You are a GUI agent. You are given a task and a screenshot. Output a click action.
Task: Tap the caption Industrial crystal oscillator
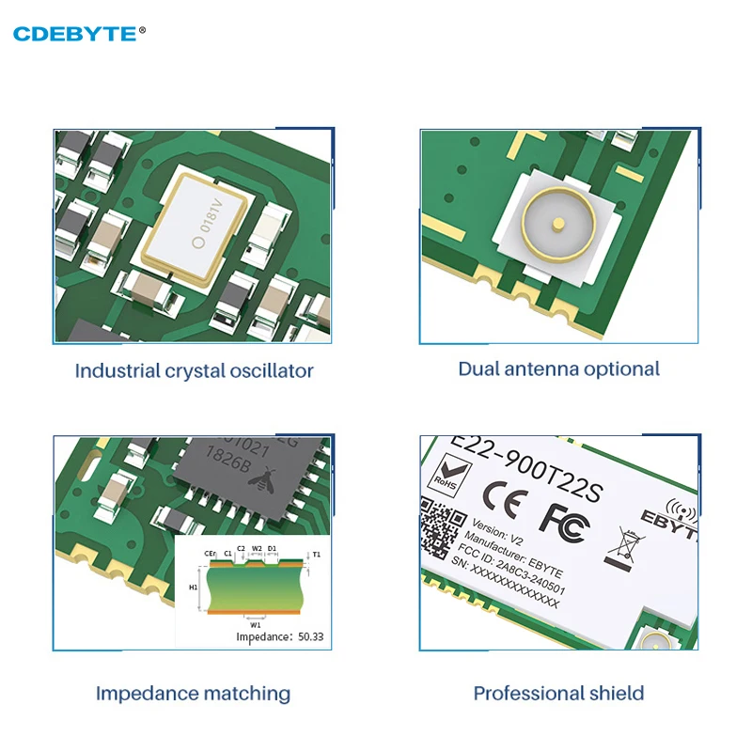click(x=194, y=370)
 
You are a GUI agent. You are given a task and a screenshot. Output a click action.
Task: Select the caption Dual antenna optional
click(x=559, y=368)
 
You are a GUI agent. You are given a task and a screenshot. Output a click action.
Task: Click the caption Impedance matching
click(x=193, y=694)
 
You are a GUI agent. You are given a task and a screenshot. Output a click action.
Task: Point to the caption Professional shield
click(x=558, y=694)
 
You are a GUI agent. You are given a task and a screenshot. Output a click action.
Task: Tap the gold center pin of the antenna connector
click(x=557, y=225)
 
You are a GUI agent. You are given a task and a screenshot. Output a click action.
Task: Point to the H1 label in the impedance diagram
click(x=193, y=587)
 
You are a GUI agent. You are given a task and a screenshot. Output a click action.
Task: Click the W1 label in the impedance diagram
click(x=255, y=623)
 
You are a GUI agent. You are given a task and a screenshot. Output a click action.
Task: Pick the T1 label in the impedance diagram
click(x=316, y=555)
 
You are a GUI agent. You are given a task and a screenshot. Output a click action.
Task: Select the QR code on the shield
click(x=443, y=530)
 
